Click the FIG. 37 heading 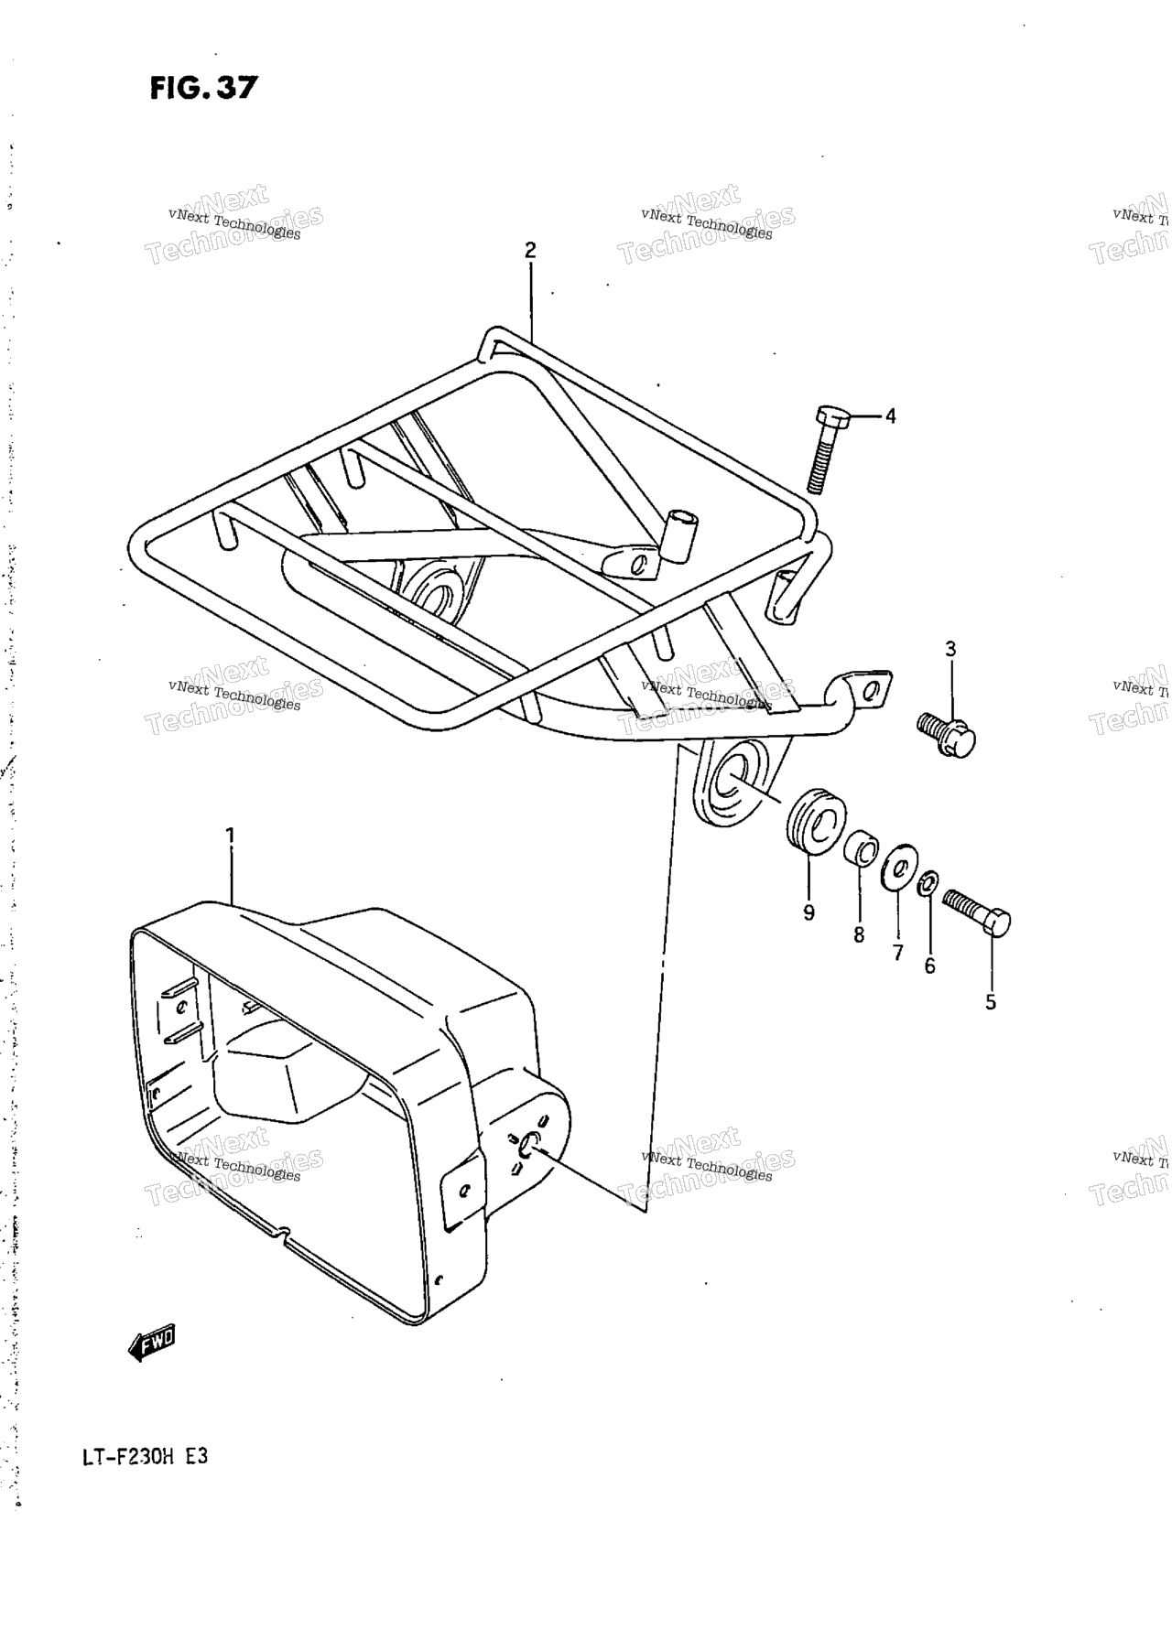tap(204, 88)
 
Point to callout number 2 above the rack tap(529, 250)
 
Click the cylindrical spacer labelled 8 tap(859, 845)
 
